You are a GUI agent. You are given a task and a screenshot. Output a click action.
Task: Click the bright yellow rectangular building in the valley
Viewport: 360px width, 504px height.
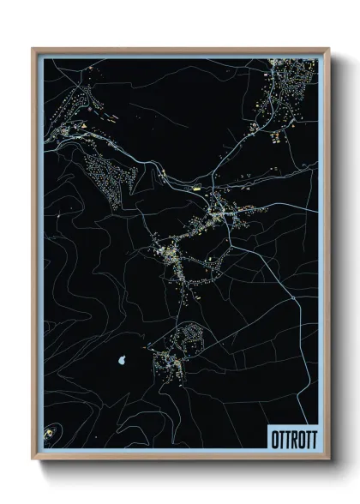tap(195, 185)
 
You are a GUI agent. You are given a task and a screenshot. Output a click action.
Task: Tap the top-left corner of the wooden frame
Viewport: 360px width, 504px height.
tap(33, 49)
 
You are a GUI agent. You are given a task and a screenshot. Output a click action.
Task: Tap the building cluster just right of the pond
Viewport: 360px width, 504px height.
tap(163, 364)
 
